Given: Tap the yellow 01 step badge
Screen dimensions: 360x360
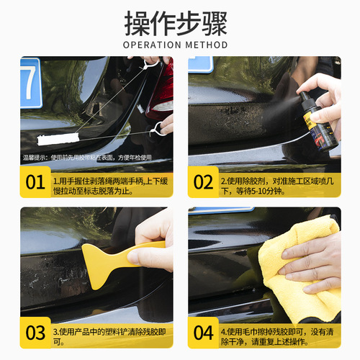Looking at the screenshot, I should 35,182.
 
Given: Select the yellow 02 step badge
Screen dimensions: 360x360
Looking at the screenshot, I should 204,182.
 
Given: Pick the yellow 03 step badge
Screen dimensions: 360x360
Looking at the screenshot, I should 35,333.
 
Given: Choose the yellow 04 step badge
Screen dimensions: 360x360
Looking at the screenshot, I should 204,333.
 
